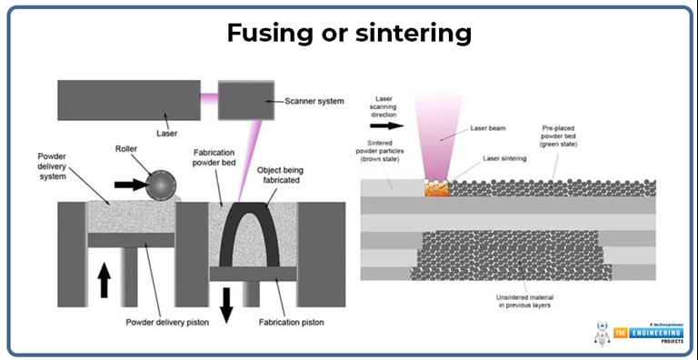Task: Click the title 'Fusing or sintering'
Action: pos(349,34)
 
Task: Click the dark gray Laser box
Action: pos(128,100)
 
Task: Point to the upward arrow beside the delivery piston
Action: pos(105,278)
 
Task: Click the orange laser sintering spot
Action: pos(437,189)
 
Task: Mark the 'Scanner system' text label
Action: pos(314,100)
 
